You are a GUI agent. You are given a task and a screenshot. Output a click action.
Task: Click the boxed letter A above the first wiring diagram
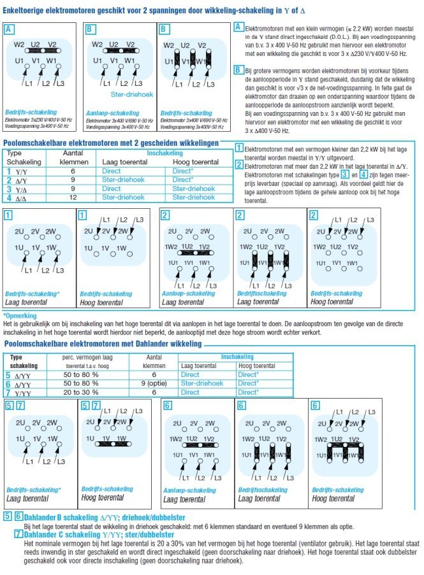pyautogui.click(x=8, y=29)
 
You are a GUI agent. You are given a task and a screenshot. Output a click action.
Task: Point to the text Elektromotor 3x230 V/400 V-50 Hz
pyautogui.click(x=38, y=119)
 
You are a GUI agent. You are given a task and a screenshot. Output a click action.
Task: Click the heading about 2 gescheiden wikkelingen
pyautogui.click(x=112, y=143)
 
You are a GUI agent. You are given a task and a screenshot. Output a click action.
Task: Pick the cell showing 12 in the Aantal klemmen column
pyautogui.click(x=72, y=197)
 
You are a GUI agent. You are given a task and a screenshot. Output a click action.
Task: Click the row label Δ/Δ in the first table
pyautogui.click(x=21, y=197)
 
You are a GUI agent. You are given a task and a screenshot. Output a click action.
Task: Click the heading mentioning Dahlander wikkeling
pyautogui.click(x=102, y=344)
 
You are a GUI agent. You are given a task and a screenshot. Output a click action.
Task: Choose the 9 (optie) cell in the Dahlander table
pyautogui.click(x=152, y=384)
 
